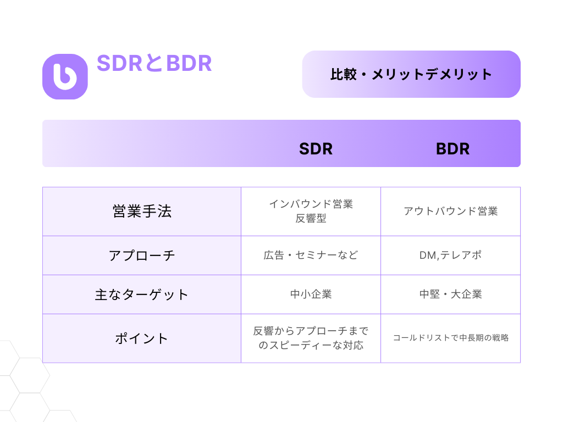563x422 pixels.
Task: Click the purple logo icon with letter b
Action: click(65, 76)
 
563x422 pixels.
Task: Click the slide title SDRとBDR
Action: click(154, 63)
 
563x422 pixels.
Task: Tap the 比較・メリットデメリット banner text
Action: click(411, 74)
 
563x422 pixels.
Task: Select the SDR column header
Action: click(316, 148)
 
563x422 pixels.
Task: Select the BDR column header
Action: click(453, 148)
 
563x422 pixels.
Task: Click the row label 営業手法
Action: click(142, 211)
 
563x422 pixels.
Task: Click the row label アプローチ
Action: click(142, 256)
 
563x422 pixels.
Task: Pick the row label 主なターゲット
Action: click(141, 295)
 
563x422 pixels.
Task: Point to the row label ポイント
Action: click(141, 338)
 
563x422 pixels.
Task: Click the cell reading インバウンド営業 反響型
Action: click(311, 211)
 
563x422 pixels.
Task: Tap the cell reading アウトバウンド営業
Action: click(451, 211)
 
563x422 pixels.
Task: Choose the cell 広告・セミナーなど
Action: click(311, 255)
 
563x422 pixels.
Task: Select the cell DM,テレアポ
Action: click(451, 255)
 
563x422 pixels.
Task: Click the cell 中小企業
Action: click(311, 295)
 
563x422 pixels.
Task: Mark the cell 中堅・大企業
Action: click(451, 295)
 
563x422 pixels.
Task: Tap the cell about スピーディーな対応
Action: click(311, 338)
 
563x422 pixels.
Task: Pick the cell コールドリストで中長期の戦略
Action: click(451, 338)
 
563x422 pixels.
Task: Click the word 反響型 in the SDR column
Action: click(311, 218)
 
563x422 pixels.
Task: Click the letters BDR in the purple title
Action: click(189, 63)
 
